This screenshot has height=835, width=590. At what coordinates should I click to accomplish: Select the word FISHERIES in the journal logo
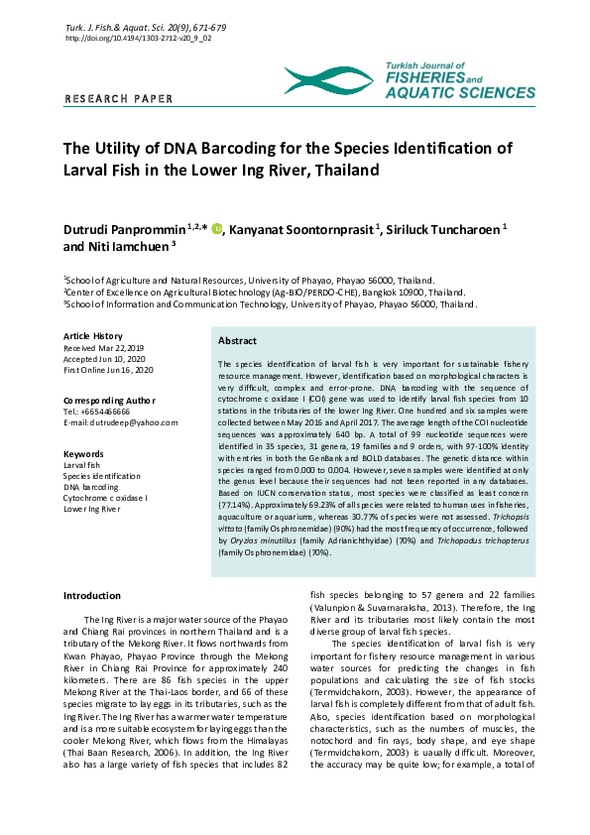coord(425,76)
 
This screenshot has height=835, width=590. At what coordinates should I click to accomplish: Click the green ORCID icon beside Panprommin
coord(217,228)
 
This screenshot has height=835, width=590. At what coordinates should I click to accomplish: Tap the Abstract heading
coord(238,340)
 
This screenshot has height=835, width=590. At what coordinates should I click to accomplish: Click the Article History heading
coord(93,337)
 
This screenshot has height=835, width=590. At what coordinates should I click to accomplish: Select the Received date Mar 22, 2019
coord(104,349)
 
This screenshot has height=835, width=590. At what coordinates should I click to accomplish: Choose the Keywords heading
coord(83,453)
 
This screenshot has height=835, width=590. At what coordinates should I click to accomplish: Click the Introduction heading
coord(91,595)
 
